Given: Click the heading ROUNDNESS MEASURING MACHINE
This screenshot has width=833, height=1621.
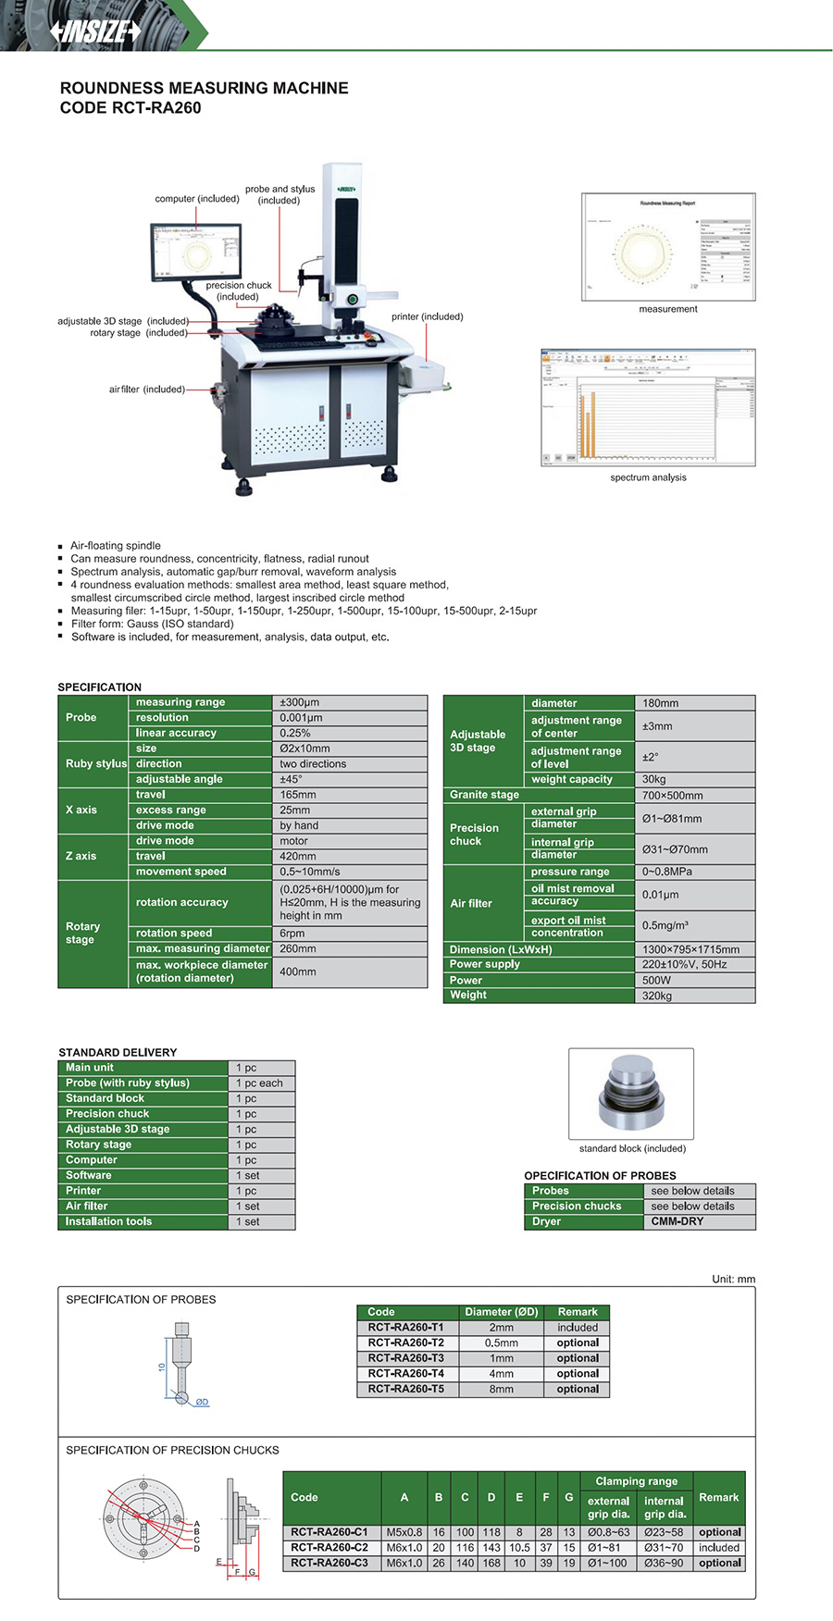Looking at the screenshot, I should (x=204, y=88).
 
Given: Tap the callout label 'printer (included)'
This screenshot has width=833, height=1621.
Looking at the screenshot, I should (x=427, y=316).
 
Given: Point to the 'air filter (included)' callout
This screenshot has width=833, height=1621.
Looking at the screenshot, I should (x=146, y=390).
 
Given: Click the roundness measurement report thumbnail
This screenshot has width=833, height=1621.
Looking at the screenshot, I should (x=668, y=247).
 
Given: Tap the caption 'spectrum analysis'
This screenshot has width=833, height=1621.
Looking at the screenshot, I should (x=648, y=477).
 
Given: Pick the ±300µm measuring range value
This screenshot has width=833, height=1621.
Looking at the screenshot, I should (x=300, y=702).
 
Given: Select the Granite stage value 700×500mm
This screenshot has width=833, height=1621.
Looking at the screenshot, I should (x=673, y=796).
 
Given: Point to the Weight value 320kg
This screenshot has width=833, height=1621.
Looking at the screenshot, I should (x=657, y=996).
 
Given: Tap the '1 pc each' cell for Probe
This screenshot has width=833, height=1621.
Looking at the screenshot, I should (x=259, y=1083).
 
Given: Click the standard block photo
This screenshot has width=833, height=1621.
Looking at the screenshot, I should (x=631, y=1093).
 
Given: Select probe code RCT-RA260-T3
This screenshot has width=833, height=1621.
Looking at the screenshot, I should (x=405, y=1358).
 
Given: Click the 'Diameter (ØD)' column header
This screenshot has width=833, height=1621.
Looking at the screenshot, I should (x=501, y=1312).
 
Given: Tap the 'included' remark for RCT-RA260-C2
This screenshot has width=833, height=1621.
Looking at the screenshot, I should (x=719, y=1547).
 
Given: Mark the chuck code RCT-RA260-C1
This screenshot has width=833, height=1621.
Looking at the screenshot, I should (x=329, y=1532).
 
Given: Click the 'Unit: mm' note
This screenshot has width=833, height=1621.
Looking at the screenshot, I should (x=733, y=1279).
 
